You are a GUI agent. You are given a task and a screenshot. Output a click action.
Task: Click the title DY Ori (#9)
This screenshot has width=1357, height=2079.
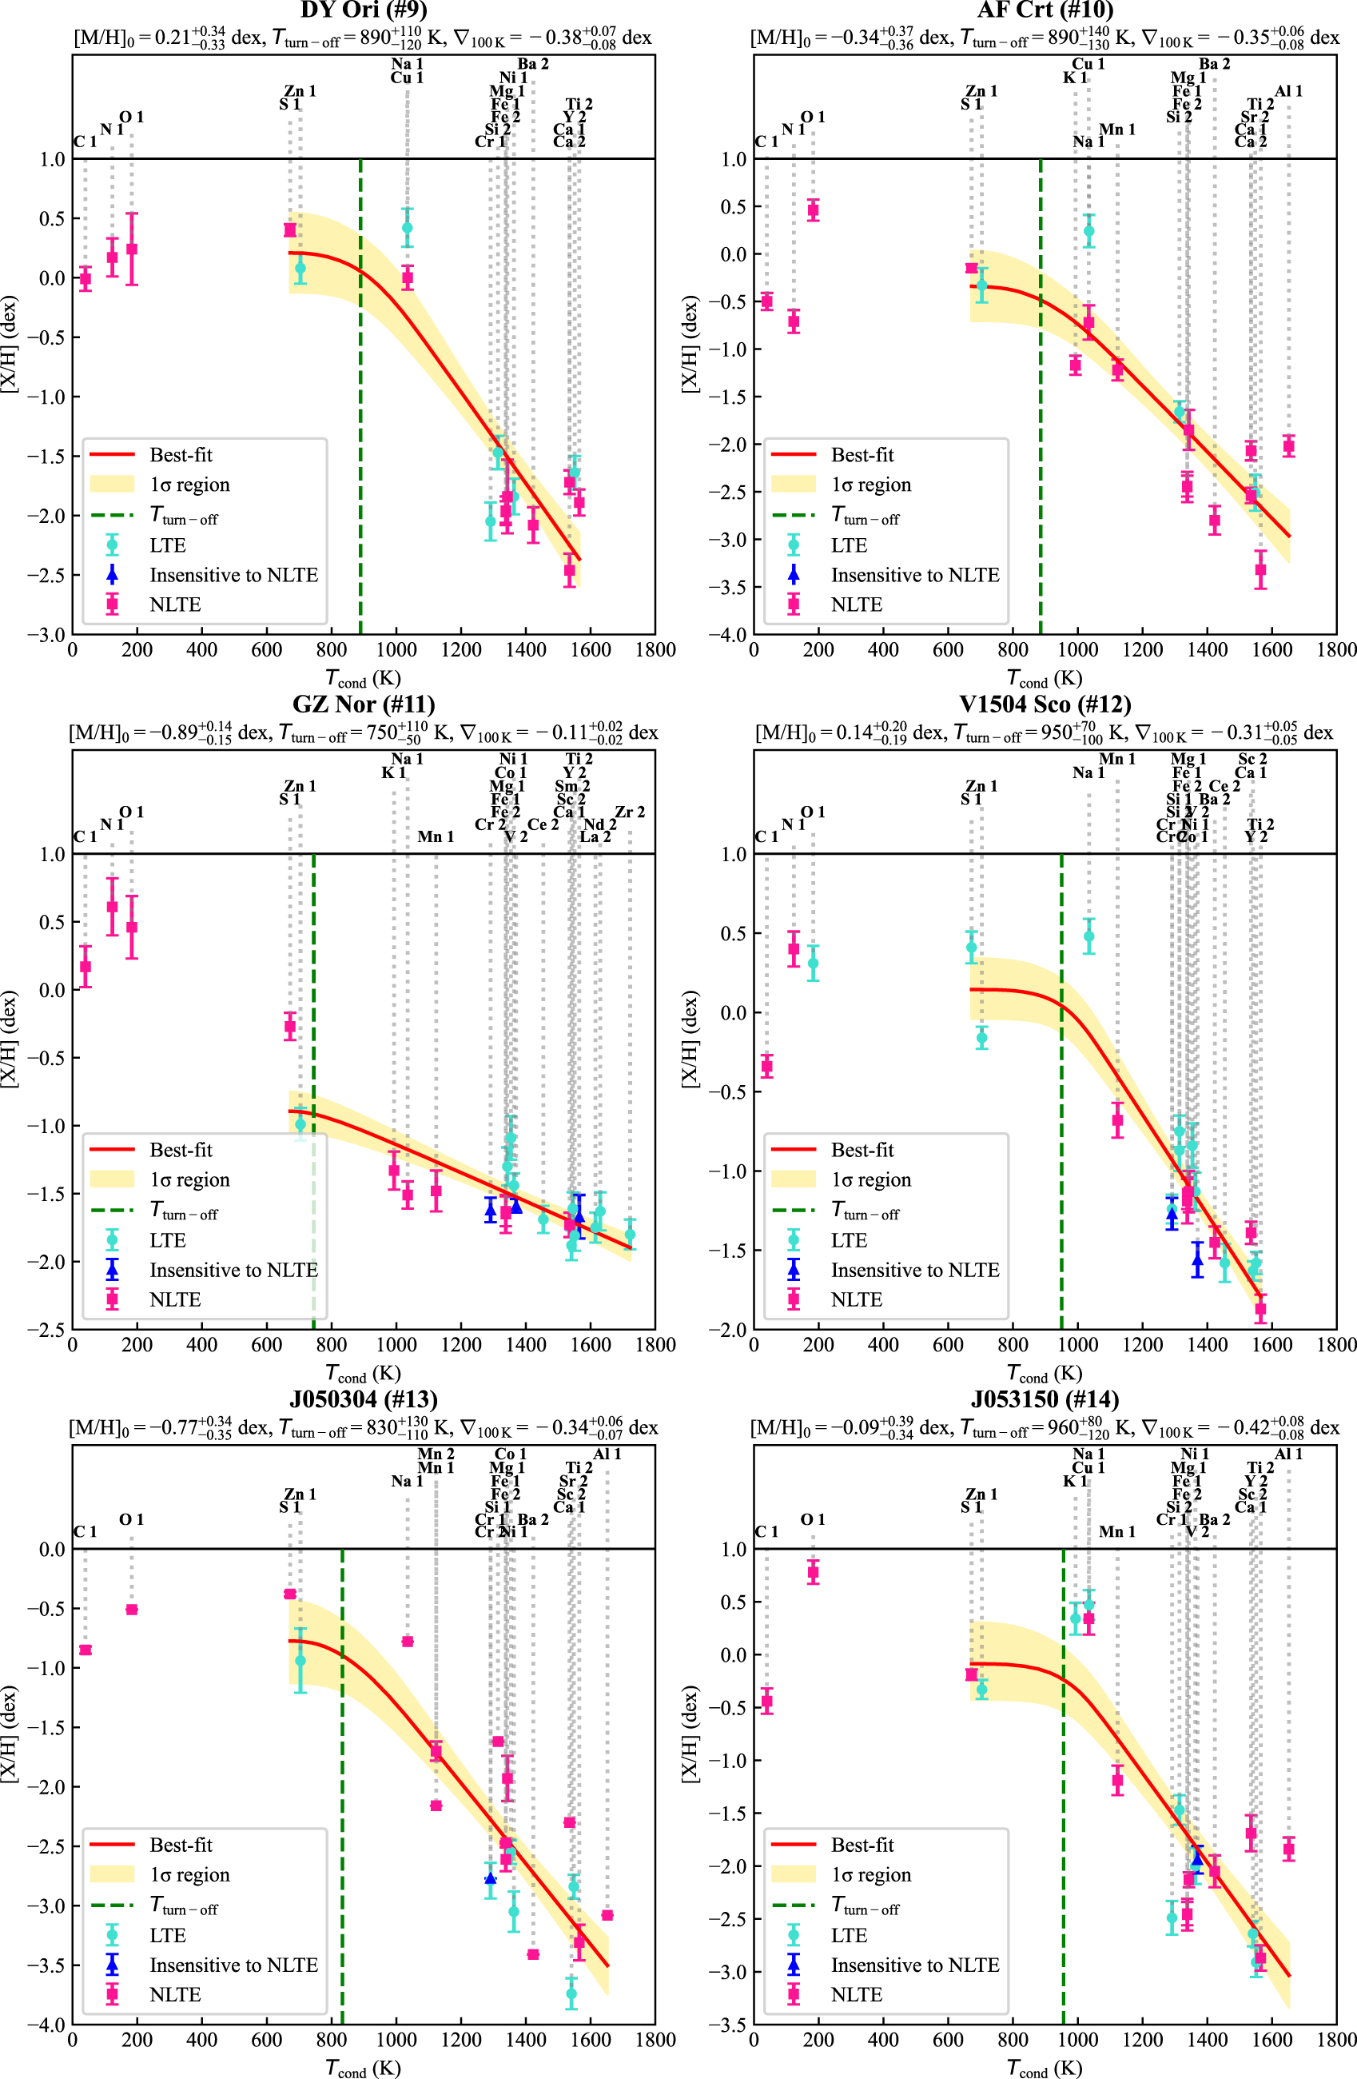(x=364, y=10)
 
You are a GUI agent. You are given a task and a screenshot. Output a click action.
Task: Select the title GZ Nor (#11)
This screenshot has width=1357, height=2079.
(x=364, y=704)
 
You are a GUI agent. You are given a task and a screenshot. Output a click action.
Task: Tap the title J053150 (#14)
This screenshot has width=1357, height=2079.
(x=1045, y=1399)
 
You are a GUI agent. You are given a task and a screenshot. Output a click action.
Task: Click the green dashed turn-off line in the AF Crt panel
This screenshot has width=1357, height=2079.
(x=1040, y=393)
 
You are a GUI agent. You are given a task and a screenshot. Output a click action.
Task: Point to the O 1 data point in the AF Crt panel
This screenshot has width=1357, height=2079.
(x=813, y=209)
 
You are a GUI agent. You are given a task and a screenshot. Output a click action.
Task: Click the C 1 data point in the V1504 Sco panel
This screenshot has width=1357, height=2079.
(x=766, y=1066)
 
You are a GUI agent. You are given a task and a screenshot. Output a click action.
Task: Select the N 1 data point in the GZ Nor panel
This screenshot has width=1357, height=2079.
(x=112, y=907)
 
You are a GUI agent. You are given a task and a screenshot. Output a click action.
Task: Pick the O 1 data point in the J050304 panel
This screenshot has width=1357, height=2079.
(x=131, y=1609)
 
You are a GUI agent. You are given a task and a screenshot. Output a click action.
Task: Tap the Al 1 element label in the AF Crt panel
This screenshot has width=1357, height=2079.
(x=1288, y=91)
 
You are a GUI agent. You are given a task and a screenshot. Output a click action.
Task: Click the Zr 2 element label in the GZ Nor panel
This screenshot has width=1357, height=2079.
(x=630, y=812)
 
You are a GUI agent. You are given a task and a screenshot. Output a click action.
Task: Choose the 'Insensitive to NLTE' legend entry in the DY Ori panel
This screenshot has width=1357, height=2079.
(x=233, y=575)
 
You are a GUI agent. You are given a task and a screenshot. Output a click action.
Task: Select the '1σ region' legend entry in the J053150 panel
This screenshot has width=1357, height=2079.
(x=870, y=1874)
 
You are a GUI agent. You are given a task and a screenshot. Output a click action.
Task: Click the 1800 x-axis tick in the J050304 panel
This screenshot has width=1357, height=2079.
(x=655, y=2040)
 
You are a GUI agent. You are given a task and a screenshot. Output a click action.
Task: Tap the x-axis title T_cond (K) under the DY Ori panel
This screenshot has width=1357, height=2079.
(x=364, y=678)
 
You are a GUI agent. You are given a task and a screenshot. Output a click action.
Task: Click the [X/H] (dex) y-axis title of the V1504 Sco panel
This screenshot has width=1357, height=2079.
(x=690, y=1039)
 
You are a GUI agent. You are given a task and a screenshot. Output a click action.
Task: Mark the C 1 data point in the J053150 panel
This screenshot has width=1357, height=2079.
(x=766, y=1701)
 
